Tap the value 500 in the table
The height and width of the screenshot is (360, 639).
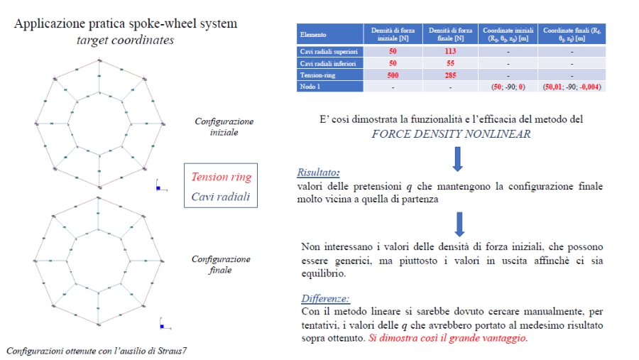[393, 75]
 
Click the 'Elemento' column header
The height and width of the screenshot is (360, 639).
[313, 34]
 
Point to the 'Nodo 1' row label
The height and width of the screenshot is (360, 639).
[310, 86]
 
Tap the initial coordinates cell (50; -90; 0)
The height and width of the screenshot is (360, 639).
[508, 86]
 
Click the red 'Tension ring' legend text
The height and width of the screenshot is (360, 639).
[220, 177]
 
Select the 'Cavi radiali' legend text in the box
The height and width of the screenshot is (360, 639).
[220, 196]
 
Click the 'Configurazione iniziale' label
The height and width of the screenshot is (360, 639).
[224, 126]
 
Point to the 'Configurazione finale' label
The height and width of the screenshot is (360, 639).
[222, 264]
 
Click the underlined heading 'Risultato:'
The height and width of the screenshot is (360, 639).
[319, 173]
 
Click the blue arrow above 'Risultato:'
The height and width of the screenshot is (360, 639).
[458, 157]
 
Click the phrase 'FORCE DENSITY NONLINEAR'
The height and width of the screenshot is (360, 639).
[451, 133]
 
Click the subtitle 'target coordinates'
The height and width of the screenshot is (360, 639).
[125, 40]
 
